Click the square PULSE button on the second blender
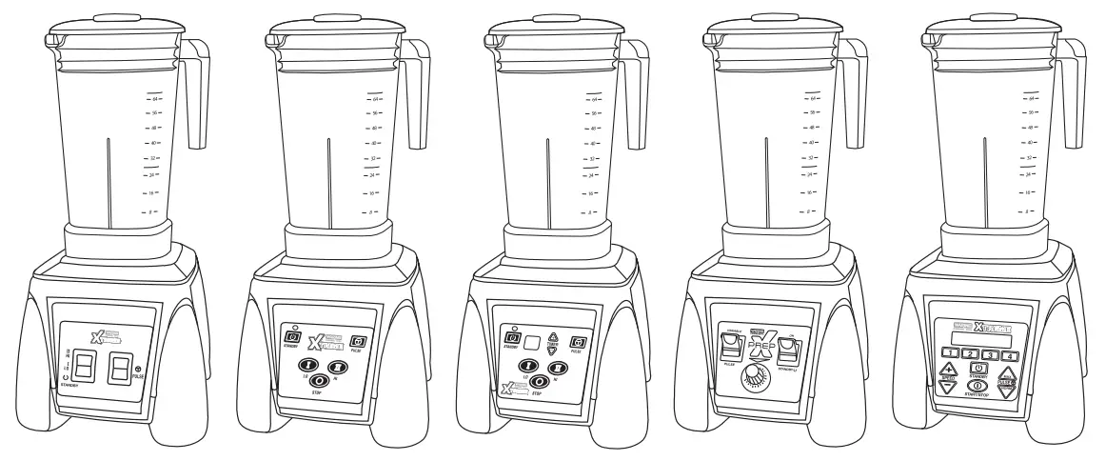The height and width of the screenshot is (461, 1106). pyautogui.click(x=358, y=341)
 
